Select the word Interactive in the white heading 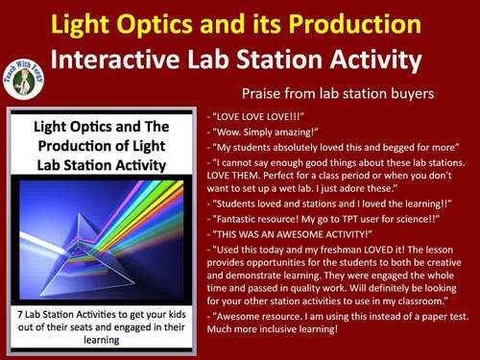click(x=108, y=59)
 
